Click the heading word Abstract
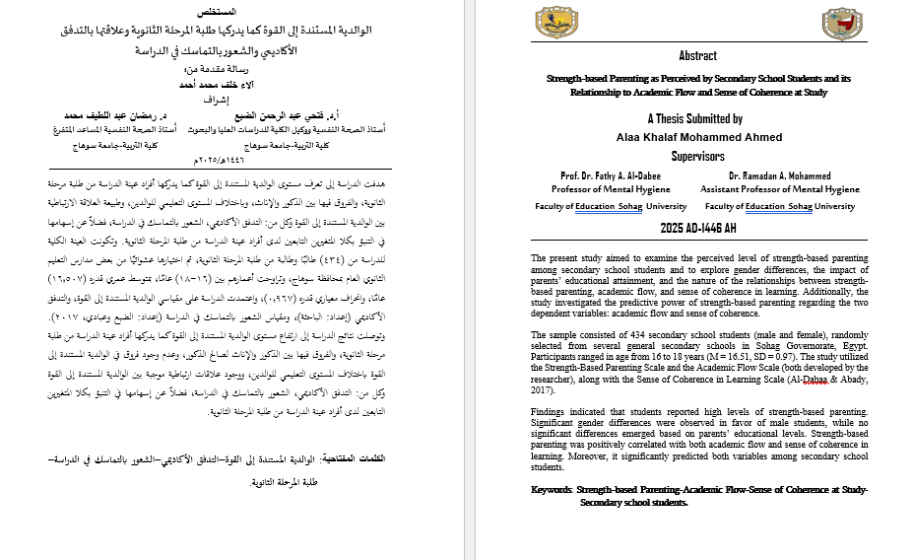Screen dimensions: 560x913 click(x=698, y=56)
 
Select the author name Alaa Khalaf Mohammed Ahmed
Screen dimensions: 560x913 click(x=698, y=136)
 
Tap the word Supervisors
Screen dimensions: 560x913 click(x=698, y=156)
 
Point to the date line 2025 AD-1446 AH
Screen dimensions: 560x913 click(x=698, y=228)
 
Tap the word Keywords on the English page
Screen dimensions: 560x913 click(x=550, y=490)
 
